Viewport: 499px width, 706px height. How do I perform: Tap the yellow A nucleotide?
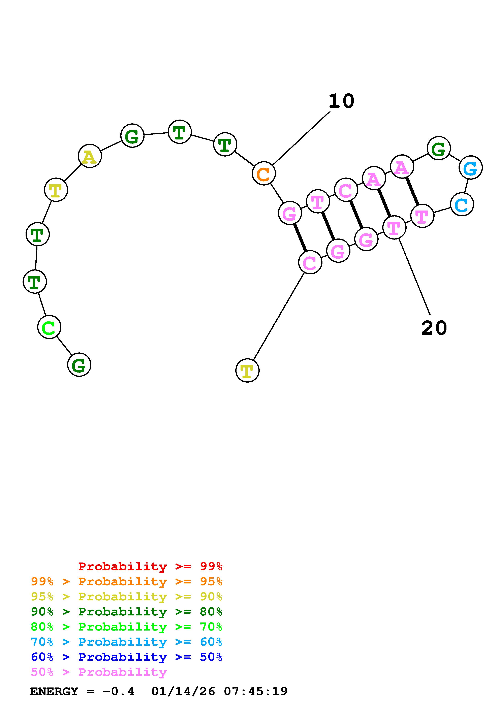(x=89, y=156)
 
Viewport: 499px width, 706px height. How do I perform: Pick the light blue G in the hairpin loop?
(x=470, y=168)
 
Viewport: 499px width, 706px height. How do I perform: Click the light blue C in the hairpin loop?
(x=462, y=204)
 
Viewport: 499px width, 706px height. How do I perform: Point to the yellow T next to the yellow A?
(x=56, y=190)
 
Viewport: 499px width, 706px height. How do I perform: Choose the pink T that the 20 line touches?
(x=394, y=228)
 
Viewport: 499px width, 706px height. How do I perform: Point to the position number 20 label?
(x=434, y=328)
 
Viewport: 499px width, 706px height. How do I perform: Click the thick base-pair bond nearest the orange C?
(x=300, y=237)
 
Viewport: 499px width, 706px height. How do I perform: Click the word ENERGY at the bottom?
(x=54, y=691)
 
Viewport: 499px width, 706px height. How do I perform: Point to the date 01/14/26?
(x=183, y=691)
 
